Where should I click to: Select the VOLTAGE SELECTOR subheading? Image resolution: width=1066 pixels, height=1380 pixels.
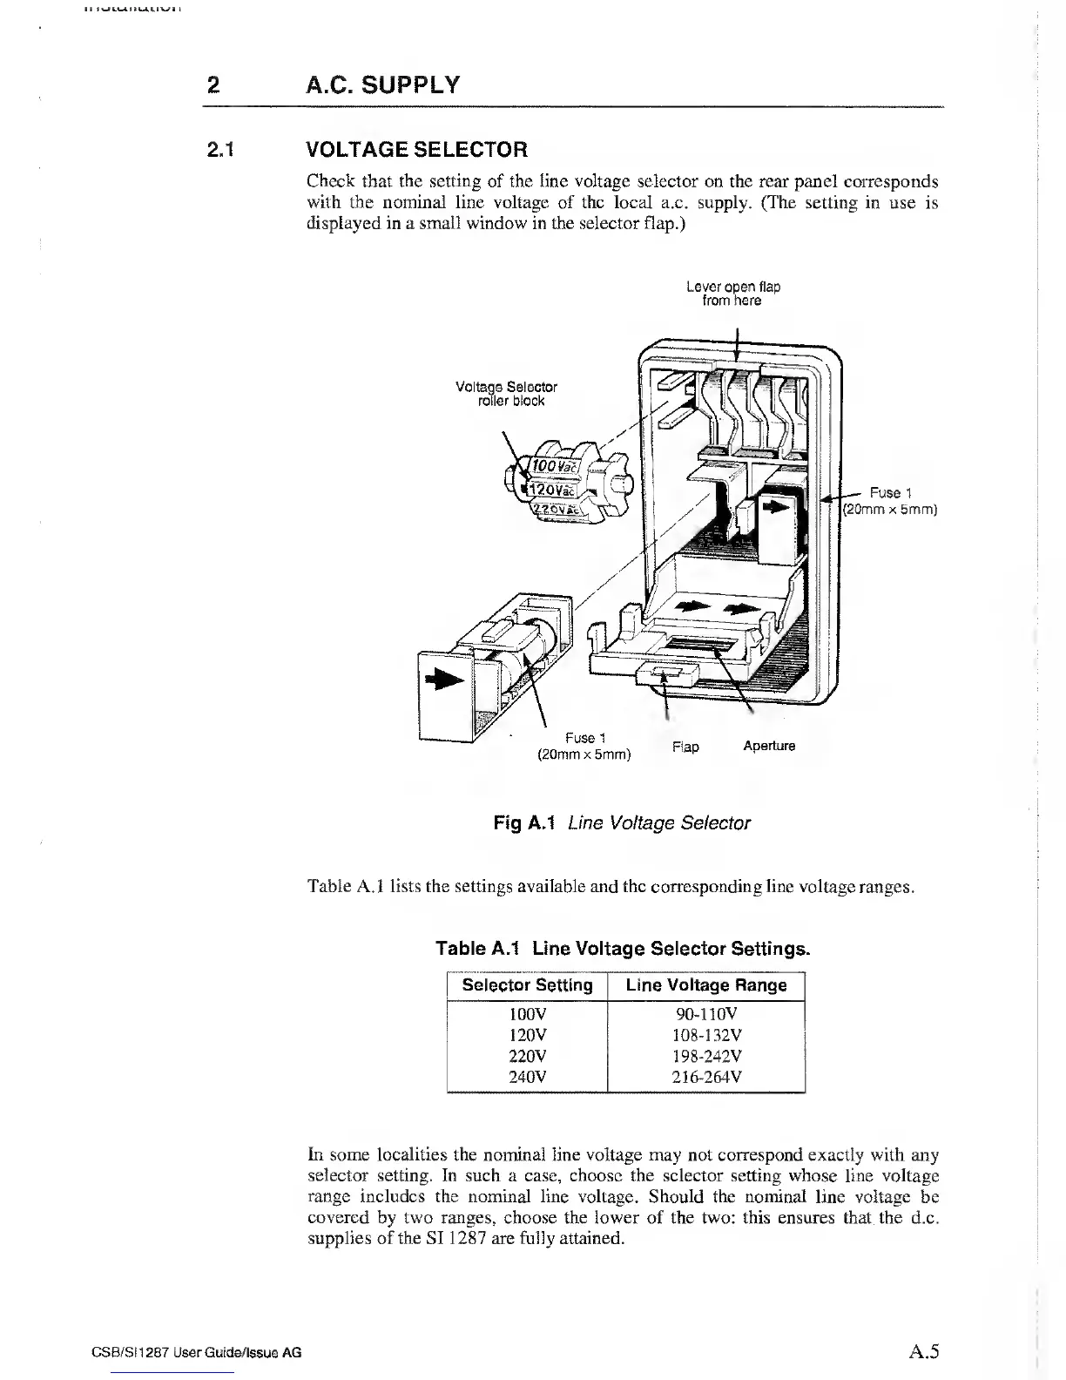[x=417, y=149]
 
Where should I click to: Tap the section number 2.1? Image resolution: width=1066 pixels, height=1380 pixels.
[x=221, y=149]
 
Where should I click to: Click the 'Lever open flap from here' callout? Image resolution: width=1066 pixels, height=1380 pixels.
[x=732, y=294]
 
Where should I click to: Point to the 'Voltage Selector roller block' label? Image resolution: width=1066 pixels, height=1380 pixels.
[x=506, y=394]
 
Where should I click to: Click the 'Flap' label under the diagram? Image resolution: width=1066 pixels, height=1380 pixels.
[x=685, y=747]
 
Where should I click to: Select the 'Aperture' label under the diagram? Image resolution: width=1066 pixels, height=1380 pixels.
[x=769, y=746]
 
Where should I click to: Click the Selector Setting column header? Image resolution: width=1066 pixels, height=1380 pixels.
[x=527, y=985]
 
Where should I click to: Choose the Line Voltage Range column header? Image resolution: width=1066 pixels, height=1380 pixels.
[x=705, y=985]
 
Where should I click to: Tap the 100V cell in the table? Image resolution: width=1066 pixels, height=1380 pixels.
[x=527, y=1014]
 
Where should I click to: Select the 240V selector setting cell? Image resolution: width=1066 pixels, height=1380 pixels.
[x=527, y=1077]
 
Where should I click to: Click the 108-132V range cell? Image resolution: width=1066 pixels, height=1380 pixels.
[x=706, y=1035]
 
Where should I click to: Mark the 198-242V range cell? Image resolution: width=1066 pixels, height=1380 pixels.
[x=706, y=1056]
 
